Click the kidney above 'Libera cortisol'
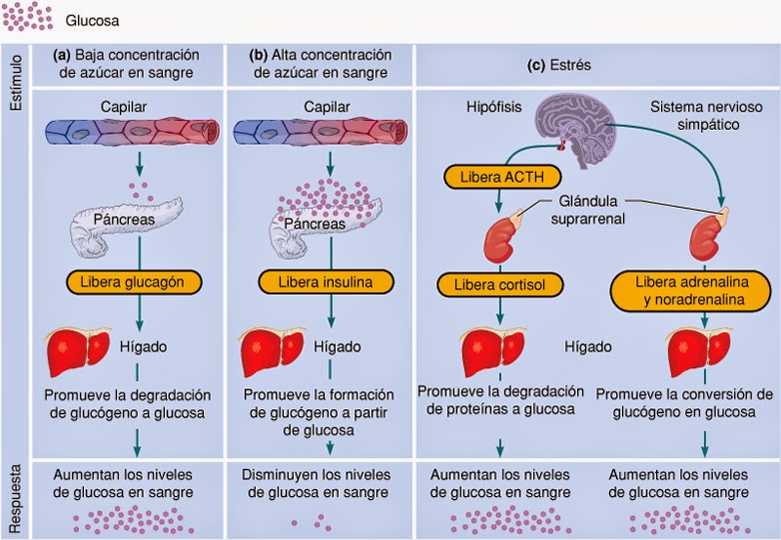tap(505, 238)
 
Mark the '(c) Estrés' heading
tap(595, 66)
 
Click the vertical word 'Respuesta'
tap(16, 495)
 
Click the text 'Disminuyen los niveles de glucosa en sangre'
tap(320, 482)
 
